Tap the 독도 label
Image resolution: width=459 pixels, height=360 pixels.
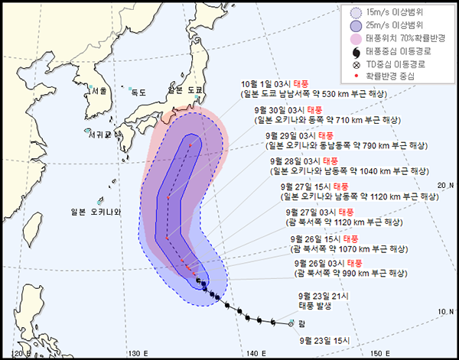click(138, 92)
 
